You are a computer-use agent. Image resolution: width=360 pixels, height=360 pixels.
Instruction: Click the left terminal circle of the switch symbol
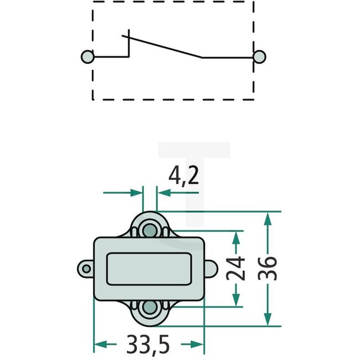[86, 56]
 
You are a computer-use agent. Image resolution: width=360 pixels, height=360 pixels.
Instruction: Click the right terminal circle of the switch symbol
[259, 56]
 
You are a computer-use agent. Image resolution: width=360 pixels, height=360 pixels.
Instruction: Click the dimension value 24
[236, 269]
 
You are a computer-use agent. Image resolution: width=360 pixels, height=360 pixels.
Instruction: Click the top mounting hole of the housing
[149, 229]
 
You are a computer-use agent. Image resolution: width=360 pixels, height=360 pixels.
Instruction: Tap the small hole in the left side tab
[85, 269]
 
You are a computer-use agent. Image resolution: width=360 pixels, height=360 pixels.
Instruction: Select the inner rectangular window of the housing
[149, 269]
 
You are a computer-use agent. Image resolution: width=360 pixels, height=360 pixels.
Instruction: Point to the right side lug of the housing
[210, 269]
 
